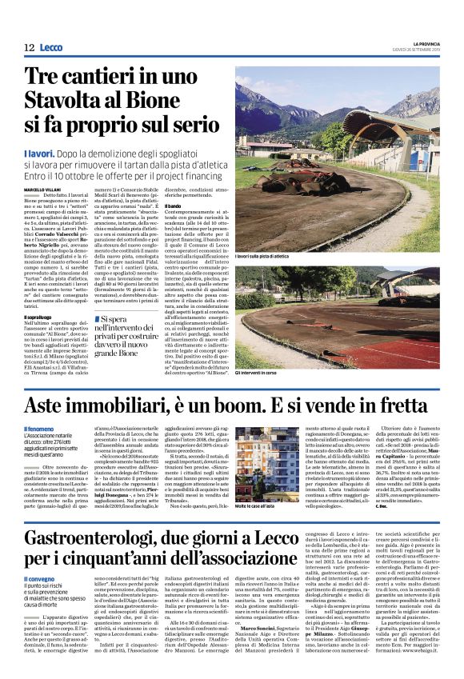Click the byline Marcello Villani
pyautogui.click(x=41, y=189)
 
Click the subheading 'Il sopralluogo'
pyautogui.click(x=38, y=318)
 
